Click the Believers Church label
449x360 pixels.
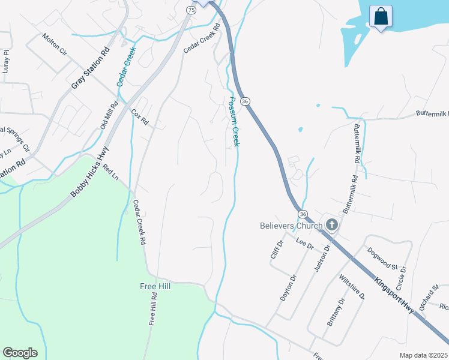291,226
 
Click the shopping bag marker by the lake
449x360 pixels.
381,17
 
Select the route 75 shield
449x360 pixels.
191,10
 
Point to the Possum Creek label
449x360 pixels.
233,121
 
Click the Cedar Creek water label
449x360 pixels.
127,67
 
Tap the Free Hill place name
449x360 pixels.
155,286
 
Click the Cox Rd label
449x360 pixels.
139,117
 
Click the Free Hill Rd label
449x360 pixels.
154,308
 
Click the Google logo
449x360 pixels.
20,353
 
